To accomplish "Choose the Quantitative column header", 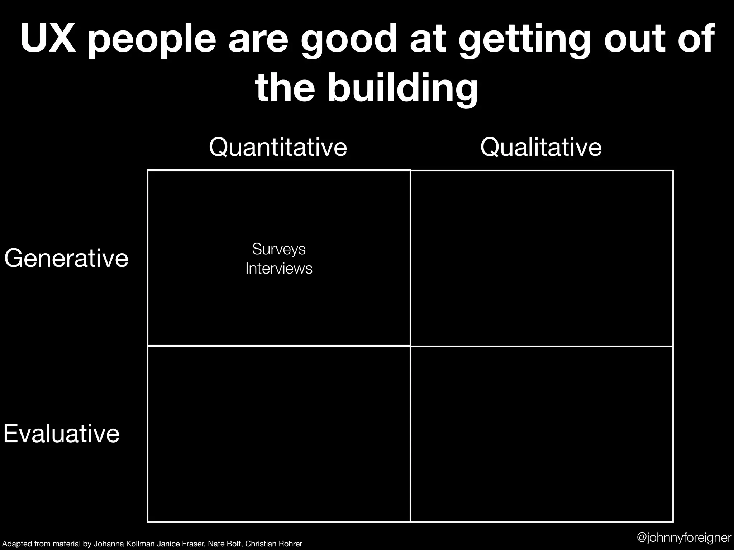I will point(278,147).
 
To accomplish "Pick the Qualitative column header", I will point(541,147).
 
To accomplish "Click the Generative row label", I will point(66,258).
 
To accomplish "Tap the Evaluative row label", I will point(62,434).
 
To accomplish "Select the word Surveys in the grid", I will point(279,249).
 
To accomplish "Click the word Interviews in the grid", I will point(279,268).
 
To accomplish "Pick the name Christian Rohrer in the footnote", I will point(274,544).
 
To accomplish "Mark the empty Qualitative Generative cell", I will point(542,258).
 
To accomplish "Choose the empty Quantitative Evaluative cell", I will point(279,434).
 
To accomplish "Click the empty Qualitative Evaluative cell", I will point(542,434).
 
